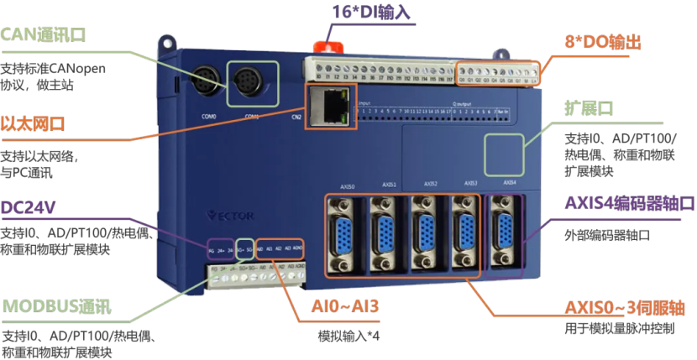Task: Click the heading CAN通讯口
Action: point(44,35)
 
